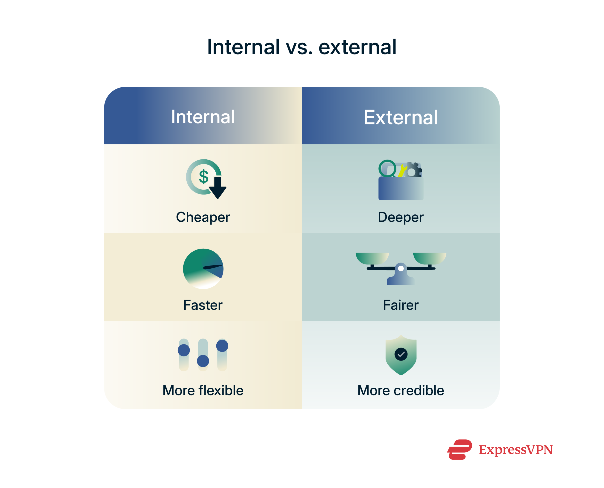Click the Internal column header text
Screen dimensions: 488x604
pos(203,117)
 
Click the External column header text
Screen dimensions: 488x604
pos(401,117)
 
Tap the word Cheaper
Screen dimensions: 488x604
pos(203,217)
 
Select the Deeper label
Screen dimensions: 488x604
pos(401,217)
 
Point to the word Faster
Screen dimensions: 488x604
pos(203,305)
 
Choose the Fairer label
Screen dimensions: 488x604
pos(401,305)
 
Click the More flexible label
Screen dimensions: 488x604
pos(203,390)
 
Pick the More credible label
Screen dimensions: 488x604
pos(401,390)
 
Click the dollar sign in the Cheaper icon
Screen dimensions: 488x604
pos(204,177)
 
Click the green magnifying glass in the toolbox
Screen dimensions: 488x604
pos(387,168)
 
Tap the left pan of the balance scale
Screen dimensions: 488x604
pos(372,258)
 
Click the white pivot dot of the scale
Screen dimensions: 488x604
pos(401,268)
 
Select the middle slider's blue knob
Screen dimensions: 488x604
pos(203,361)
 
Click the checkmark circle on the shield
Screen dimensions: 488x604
pos(401,354)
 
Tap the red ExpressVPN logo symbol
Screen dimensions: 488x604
pos(460,449)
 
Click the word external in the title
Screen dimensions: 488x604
pos(357,47)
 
